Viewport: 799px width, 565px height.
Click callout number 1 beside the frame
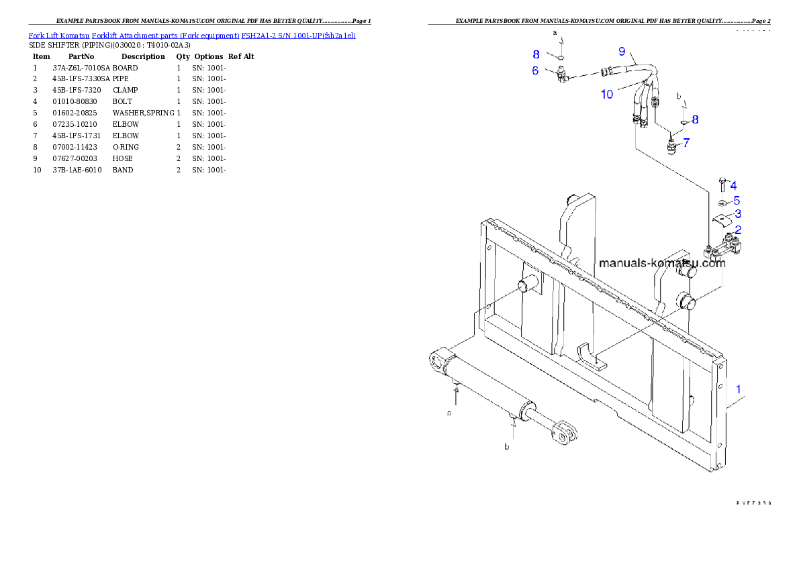point(739,389)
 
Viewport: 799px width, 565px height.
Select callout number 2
point(738,229)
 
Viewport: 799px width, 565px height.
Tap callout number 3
point(738,214)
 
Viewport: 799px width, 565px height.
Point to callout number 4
point(733,185)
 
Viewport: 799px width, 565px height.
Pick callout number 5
point(737,200)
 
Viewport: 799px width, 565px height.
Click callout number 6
point(535,70)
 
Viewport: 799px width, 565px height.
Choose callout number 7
point(686,142)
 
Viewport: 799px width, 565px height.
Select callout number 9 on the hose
point(622,52)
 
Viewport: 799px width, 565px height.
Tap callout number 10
point(607,95)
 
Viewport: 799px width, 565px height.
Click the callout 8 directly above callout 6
point(536,54)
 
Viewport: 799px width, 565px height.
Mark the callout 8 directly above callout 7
point(695,119)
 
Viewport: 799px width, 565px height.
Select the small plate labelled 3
point(720,218)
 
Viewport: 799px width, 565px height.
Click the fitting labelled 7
point(671,145)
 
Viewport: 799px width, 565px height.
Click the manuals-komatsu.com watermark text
point(662,263)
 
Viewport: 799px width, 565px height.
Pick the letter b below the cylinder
point(507,446)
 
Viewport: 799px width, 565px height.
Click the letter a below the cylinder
point(449,413)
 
